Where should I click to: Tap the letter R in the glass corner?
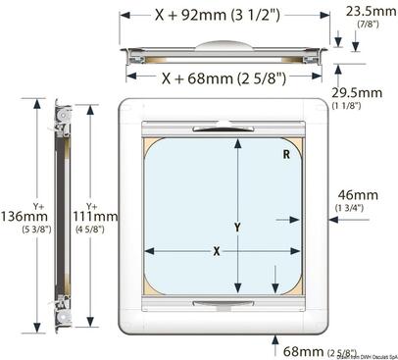284,153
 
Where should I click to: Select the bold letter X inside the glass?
217,251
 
